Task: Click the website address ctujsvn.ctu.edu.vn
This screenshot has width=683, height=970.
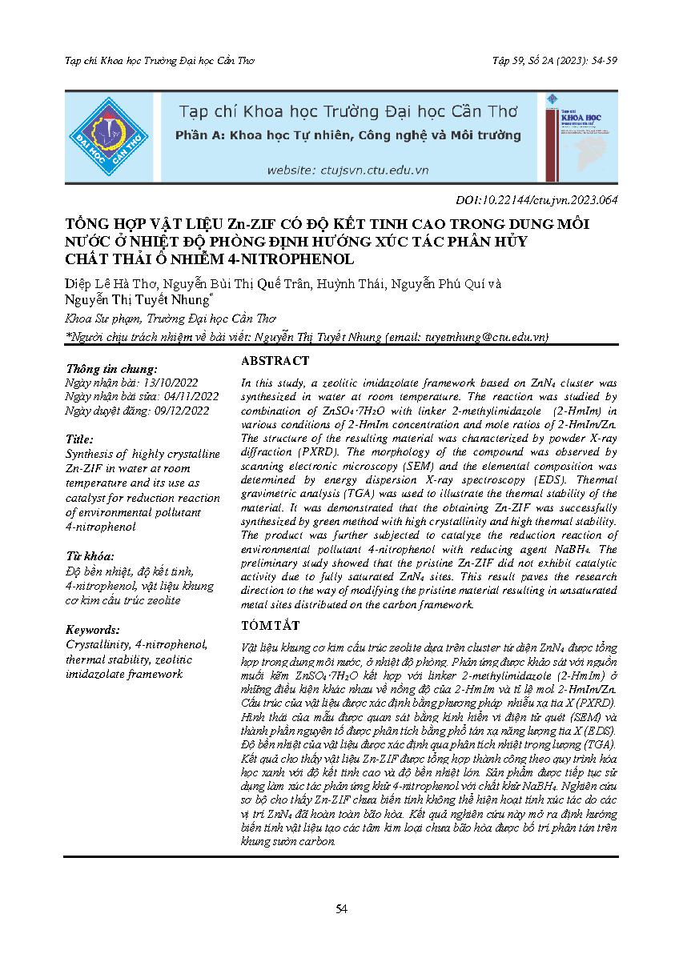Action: tap(348, 170)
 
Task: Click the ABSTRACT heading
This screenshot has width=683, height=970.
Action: tap(275, 361)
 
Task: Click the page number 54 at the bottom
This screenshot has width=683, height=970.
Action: tap(341, 908)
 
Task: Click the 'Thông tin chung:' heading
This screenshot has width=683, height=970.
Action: tap(112, 368)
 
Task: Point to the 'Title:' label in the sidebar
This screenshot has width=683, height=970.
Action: tap(79, 439)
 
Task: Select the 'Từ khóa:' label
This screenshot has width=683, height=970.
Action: tap(90, 555)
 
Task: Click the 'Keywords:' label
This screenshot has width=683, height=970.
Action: tap(93, 629)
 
